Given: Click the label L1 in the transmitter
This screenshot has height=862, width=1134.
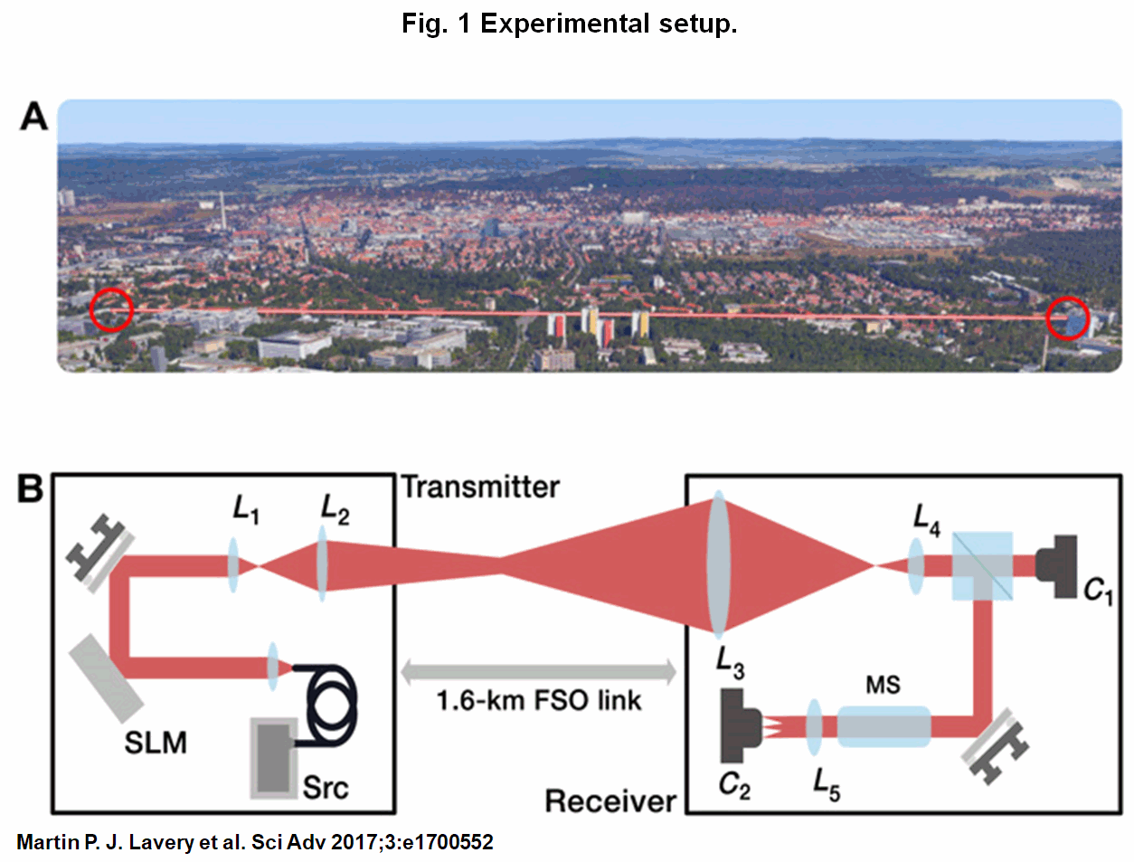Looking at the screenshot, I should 245,509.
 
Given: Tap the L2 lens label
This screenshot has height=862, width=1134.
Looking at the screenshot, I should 335,509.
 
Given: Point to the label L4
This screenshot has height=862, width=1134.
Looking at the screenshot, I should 926,519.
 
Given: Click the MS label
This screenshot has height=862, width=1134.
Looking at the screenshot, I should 883,685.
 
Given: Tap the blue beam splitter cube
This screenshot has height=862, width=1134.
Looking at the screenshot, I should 982,566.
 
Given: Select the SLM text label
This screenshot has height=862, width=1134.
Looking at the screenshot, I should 156,743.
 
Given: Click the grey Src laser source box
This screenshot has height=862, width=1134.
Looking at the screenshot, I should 274,758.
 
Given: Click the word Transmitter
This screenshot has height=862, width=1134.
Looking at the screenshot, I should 480,488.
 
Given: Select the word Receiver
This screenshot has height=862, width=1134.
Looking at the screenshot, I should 610,801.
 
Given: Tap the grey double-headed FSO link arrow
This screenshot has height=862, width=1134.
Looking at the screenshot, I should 538,672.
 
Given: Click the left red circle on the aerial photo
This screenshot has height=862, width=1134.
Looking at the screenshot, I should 111,309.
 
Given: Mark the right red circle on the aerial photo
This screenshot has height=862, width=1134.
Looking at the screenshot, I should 1067,317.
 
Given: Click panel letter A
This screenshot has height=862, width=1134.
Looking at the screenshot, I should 33,117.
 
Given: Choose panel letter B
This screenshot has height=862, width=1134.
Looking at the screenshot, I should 30,488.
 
